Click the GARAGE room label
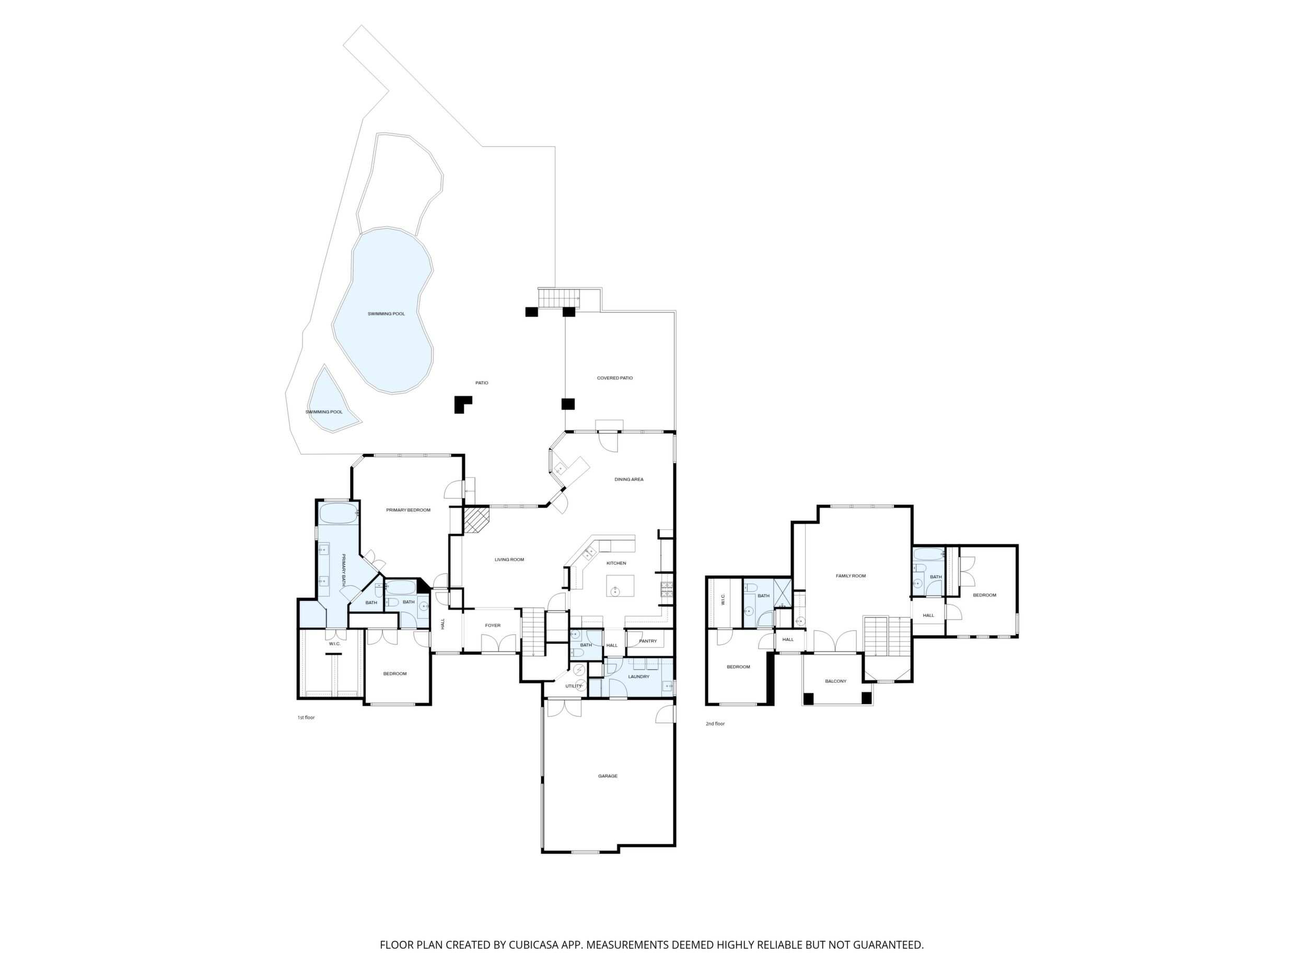[x=608, y=776]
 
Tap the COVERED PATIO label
[x=615, y=378]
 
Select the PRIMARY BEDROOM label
[x=408, y=510]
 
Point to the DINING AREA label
[x=629, y=479]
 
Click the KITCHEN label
[x=616, y=563]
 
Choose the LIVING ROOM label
[x=509, y=560]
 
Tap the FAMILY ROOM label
[x=851, y=575]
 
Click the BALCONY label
[x=835, y=681]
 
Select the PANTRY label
[x=648, y=641]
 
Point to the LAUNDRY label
[x=638, y=676]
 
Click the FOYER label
[x=493, y=625]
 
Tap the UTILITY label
[x=574, y=685]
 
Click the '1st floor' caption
[x=306, y=717]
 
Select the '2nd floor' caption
[x=715, y=724]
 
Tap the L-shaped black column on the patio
[x=462, y=404]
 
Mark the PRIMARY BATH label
[x=344, y=569]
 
